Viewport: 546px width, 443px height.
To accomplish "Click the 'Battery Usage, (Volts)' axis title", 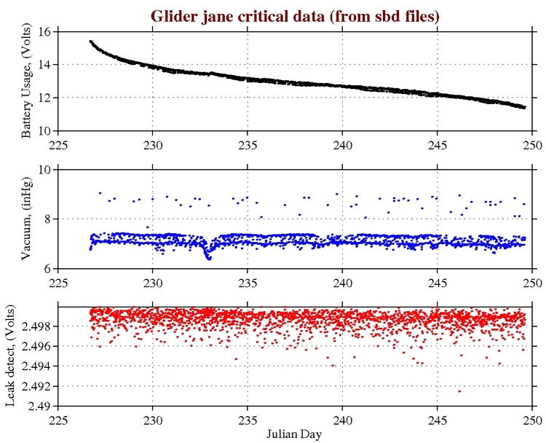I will click(26, 81).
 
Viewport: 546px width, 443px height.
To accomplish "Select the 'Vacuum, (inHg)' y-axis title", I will click(26, 219).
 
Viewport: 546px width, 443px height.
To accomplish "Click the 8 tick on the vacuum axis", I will click(47, 219).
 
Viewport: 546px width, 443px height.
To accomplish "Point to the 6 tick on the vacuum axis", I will click(47, 269).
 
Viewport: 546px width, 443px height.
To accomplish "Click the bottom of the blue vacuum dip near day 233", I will click(208, 258).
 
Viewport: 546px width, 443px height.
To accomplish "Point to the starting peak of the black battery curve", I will click(90, 42).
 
